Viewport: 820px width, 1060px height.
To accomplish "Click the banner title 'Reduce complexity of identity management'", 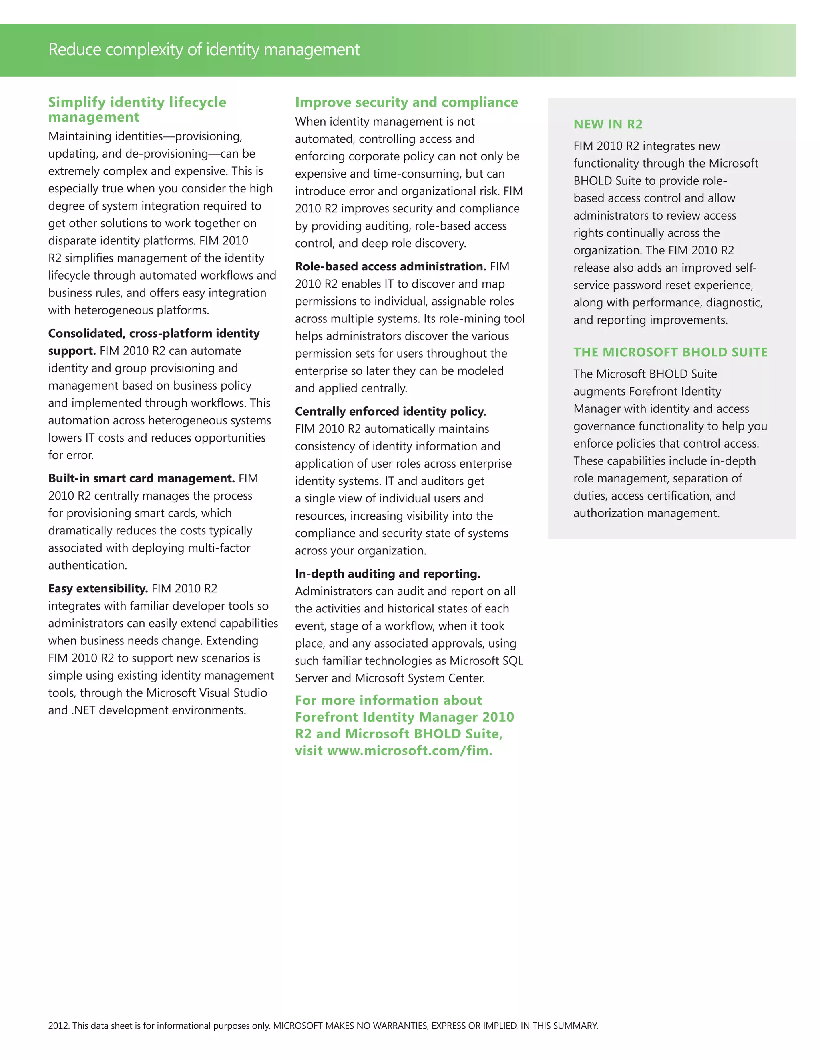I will (x=204, y=50).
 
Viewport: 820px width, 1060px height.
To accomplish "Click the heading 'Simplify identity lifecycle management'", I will (x=137, y=109).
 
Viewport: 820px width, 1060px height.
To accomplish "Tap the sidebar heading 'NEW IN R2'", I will (x=608, y=124).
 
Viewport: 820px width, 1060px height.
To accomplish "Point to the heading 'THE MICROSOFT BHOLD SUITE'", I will (x=670, y=352).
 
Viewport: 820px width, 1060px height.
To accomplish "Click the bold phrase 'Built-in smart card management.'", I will (x=142, y=478).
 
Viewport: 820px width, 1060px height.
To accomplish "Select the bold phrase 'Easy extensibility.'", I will (x=98, y=588).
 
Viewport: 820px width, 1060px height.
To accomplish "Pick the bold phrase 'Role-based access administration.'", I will (x=390, y=266).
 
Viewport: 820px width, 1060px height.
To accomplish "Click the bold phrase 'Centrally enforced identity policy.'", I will (x=390, y=411).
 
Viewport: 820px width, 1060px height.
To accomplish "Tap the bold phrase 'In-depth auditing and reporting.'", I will (x=388, y=573).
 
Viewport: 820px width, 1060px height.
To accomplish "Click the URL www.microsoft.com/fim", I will (x=410, y=750).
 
